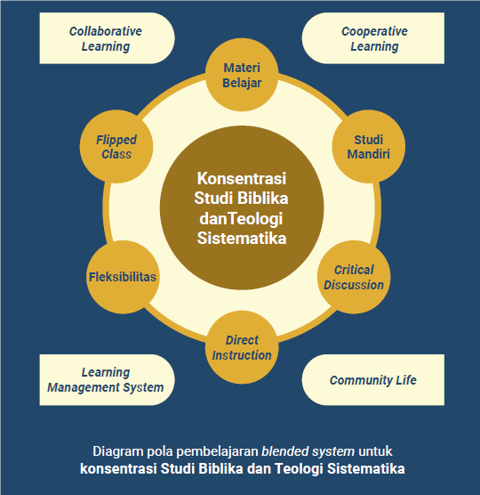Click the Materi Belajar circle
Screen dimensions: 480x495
pyautogui.click(x=242, y=75)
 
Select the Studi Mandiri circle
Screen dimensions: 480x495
pyautogui.click(x=368, y=147)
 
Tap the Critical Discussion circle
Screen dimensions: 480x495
pyautogui.click(x=354, y=277)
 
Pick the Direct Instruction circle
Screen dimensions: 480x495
pyautogui.click(x=242, y=347)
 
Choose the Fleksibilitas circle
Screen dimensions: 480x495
pyautogui.click(x=123, y=277)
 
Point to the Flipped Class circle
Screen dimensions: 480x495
pyautogui.click(x=116, y=147)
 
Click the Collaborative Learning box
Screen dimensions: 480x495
pyautogui.click(x=108, y=38)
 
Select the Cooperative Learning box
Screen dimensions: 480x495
pyautogui.click(x=373, y=38)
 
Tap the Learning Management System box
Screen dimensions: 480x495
pyautogui.click(x=108, y=380)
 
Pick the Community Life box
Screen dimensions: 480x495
pyautogui.click(x=373, y=380)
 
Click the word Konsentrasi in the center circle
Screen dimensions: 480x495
pyautogui.click(x=242, y=178)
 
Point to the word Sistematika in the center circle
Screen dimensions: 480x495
pyautogui.click(x=242, y=238)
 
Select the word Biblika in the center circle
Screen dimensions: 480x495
pyautogui.click(x=263, y=199)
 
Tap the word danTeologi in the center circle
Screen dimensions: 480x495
pyautogui.click(x=241, y=219)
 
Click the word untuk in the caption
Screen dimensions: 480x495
pyautogui.click(x=375, y=451)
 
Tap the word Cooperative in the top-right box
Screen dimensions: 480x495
pyautogui.click(x=374, y=31)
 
